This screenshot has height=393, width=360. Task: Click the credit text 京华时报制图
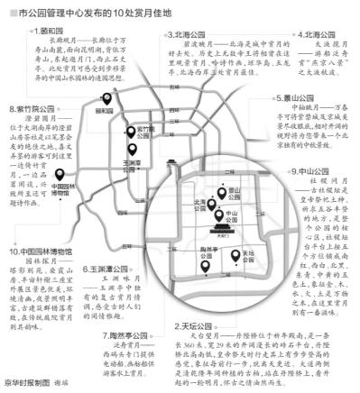26,383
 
